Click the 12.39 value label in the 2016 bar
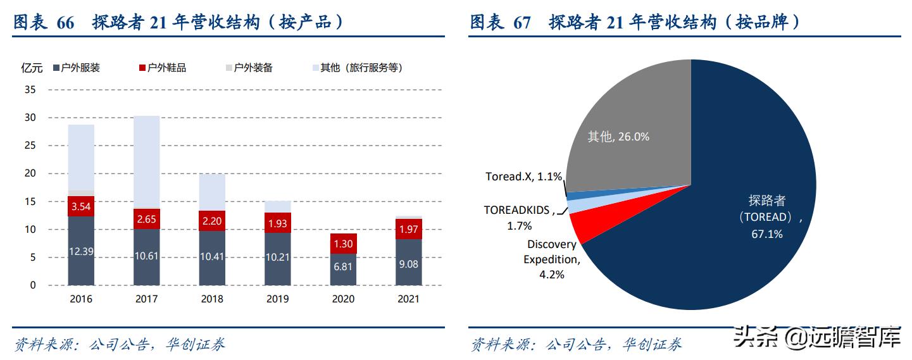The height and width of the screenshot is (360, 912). (81, 251)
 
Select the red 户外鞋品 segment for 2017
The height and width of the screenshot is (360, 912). (146, 219)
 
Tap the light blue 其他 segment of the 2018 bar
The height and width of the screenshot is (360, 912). (212, 192)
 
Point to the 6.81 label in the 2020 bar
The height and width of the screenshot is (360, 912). (343, 267)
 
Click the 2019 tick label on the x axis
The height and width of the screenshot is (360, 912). (278, 299)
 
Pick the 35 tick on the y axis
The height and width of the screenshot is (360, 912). (30, 90)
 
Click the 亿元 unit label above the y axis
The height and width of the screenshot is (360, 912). (32, 68)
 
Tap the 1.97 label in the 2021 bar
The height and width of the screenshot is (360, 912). (409, 228)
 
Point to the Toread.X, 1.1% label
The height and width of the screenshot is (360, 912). (523, 177)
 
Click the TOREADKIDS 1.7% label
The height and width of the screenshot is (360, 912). (518, 217)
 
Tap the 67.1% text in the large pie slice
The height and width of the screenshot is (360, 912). (767, 234)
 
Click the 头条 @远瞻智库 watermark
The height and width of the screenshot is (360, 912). (816, 339)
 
